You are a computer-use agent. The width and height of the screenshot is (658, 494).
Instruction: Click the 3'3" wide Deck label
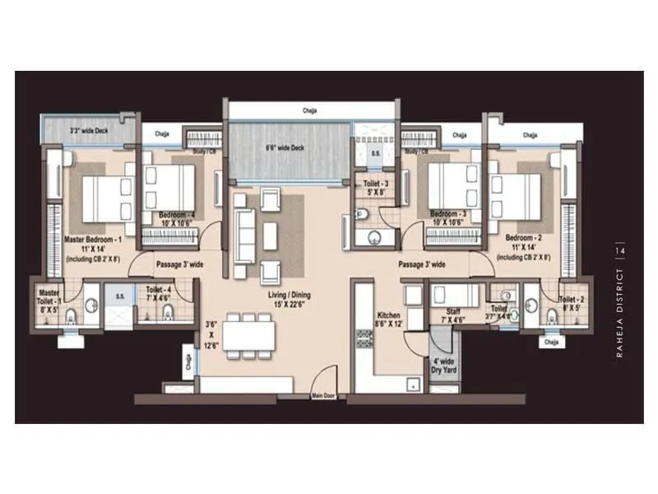[x=88, y=129]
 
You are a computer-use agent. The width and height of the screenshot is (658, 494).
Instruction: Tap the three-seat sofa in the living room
[x=243, y=234]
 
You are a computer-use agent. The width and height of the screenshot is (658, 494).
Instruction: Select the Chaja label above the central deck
[x=309, y=110]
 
